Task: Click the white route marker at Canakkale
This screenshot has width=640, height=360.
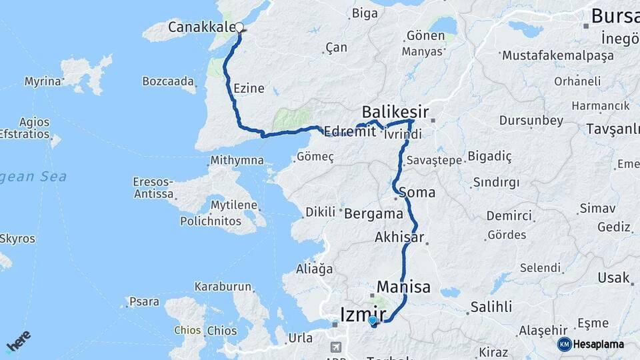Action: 239,27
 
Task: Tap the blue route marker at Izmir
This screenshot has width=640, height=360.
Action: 372,321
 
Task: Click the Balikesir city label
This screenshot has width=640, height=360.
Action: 395,111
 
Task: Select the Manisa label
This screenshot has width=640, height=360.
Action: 403,287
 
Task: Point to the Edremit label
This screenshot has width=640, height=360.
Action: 350,132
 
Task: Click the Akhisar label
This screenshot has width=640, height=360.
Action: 400,237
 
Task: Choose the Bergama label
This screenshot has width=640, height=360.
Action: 374,214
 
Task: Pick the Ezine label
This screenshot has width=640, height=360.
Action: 249,88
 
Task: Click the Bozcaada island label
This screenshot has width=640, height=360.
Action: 168,82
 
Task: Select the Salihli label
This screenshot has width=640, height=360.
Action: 491,307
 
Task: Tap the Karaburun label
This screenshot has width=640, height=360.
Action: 223,287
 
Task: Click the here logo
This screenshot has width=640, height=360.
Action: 19,341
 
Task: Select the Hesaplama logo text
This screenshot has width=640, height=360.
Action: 598,345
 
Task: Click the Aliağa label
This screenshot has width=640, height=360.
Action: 314,269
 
